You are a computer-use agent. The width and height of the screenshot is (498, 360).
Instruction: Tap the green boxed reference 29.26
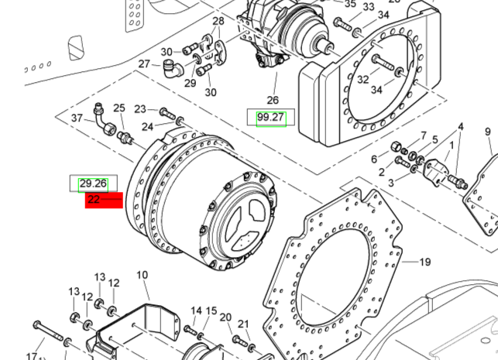coord(93,183)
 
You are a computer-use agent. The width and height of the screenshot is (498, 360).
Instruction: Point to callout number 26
coord(272,100)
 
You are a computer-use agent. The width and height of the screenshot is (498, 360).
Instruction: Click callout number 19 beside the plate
coord(424,262)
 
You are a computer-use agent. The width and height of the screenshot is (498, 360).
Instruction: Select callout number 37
coord(77,118)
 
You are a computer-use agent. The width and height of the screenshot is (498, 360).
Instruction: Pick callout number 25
coord(119,108)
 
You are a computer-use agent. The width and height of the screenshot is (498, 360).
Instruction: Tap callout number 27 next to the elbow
coord(144,64)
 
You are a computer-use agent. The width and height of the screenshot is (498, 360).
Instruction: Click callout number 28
coord(218,21)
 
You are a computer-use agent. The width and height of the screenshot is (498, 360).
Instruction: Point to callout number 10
coord(142,276)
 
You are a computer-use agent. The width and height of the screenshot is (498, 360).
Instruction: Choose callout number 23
coord(140,109)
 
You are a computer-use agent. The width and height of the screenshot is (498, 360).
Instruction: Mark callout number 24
coord(147,126)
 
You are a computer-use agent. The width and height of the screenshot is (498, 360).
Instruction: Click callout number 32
coord(362,79)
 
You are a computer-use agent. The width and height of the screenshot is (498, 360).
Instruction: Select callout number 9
coord(488,132)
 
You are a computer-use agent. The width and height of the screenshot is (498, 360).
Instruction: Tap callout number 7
coord(423,135)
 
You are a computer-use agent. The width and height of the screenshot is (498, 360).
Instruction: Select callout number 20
coord(225,317)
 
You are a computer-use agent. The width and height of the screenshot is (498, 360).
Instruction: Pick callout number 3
coord(391,183)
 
